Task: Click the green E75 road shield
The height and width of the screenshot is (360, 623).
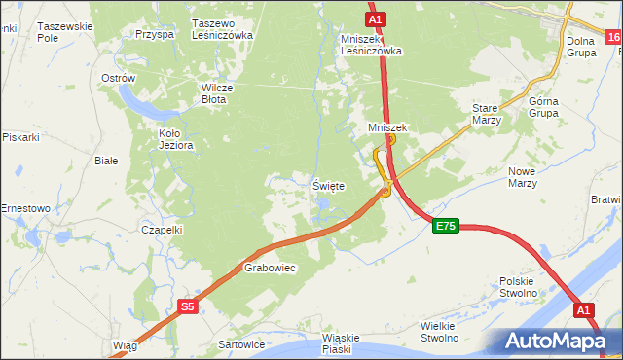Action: click(x=445, y=226)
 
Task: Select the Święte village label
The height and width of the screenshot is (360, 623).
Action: click(x=328, y=185)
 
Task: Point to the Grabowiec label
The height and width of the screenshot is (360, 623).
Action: click(x=270, y=267)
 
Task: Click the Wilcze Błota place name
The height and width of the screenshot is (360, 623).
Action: click(x=220, y=91)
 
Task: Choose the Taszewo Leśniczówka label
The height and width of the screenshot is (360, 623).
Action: click(x=223, y=29)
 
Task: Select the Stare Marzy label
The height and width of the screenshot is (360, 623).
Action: click(x=486, y=114)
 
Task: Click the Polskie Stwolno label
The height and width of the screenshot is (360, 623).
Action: click(x=518, y=286)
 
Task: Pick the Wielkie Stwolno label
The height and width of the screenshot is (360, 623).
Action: click(x=439, y=332)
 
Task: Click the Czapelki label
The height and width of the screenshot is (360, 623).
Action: click(x=162, y=230)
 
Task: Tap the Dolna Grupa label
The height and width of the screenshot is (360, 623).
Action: click(x=582, y=46)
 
